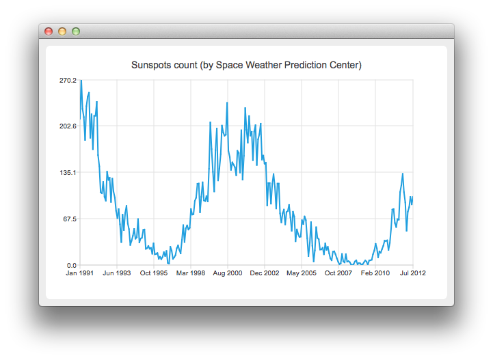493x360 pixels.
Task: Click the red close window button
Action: (x=49, y=31)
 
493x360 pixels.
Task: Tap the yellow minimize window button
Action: (x=62, y=31)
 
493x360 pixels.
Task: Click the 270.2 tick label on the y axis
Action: (x=68, y=80)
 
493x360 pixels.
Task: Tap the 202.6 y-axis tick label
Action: (x=68, y=126)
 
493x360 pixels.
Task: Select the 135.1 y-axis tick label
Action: (x=68, y=172)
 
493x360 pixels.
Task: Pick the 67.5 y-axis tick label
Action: (x=69, y=219)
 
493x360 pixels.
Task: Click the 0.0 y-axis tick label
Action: (x=71, y=265)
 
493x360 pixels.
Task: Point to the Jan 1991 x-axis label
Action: (x=80, y=273)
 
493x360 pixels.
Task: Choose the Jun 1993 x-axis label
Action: (x=117, y=273)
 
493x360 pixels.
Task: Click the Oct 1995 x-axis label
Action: (x=154, y=273)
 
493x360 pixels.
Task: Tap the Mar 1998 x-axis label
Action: (x=191, y=273)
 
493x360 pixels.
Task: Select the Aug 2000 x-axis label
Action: (x=228, y=273)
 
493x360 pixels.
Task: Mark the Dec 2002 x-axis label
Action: (x=265, y=273)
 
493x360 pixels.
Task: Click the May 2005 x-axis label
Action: (x=302, y=273)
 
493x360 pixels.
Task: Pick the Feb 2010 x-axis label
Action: (x=375, y=273)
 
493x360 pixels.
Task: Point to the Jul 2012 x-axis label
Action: (x=412, y=273)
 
